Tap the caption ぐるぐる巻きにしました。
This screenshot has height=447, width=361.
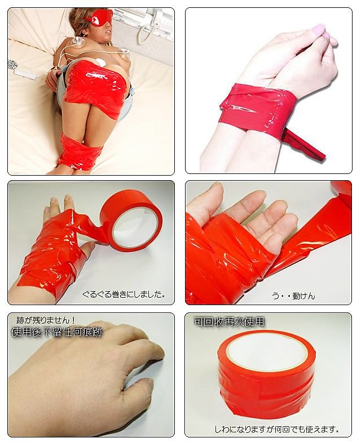click(x=124, y=294)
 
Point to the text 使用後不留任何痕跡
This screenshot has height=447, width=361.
click(x=56, y=332)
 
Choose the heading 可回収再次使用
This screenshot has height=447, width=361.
click(x=230, y=321)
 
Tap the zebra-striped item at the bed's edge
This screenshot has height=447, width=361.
click(x=11, y=64)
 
